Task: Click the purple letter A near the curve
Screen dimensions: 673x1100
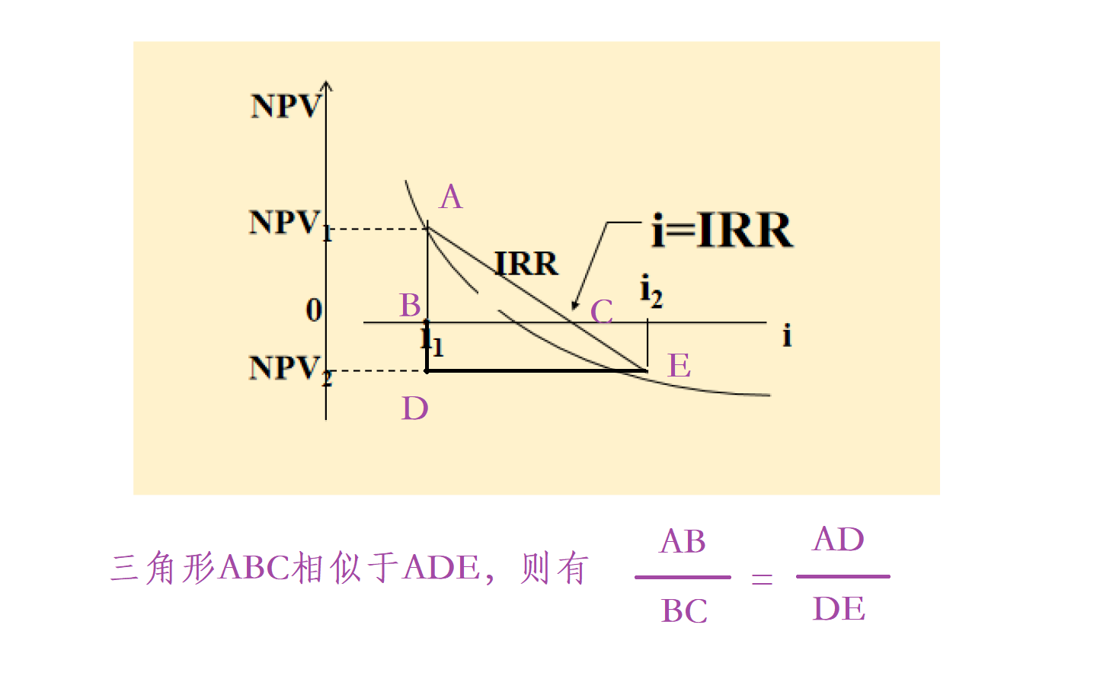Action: [x=451, y=197]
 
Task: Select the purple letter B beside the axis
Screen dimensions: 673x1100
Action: [x=411, y=306]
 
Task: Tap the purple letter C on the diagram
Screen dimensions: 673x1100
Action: [x=602, y=311]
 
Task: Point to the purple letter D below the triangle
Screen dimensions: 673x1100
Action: [x=415, y=409]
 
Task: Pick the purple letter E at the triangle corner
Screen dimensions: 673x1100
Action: [x=680, y=366]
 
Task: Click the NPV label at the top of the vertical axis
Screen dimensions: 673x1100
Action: [x=286, y=106]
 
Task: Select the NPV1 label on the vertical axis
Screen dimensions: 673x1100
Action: [x=290, y=224]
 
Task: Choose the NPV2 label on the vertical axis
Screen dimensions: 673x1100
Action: [x=290, y=370]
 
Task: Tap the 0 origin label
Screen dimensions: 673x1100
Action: [x=314, y=310]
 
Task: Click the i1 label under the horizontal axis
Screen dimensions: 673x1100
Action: [x=432, y=339]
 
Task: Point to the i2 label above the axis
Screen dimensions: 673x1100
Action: [x=651, y=290]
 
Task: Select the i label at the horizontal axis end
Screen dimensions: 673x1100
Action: [x=787, y=335]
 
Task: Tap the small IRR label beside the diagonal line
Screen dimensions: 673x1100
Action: [x=526, y=264]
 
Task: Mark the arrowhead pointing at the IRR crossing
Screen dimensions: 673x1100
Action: [x=575, y=306]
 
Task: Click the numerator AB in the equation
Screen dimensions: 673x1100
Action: [x=683, y=542]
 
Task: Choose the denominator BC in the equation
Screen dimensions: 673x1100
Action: [x=684, y=611]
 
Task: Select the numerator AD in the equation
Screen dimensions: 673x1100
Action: [x=839, y=540]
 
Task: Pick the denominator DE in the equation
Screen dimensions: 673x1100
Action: [x=839, y=609]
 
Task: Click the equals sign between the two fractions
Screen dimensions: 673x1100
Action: [x=762, y=579]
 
